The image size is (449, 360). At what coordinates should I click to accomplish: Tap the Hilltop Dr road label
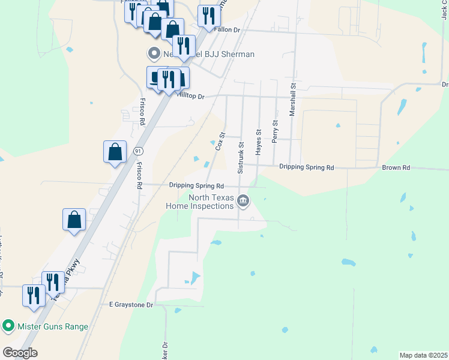point(190,96)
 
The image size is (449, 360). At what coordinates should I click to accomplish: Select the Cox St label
point(220,141)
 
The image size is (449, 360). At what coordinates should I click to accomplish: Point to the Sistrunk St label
point(241,158)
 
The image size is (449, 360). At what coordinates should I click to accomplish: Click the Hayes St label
point(259,142)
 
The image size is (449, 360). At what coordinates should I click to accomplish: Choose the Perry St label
point(275,131)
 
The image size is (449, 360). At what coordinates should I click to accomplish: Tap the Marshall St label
point(293,100)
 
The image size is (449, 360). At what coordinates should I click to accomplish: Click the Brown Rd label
point(396,168)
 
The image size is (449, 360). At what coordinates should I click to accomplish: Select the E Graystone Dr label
point(131,305)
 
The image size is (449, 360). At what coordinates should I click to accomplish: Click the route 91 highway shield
point(139,150)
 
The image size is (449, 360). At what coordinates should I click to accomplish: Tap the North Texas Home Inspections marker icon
point(243,200)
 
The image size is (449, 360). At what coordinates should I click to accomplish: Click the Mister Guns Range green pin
point(8,326)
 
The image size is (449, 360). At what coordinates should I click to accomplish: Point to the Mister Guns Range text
point(53,326)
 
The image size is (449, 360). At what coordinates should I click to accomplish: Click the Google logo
point(20,353)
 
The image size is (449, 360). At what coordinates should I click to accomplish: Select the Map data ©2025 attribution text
point(423,355)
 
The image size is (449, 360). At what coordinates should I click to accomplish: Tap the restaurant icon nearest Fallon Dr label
point(208,16)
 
